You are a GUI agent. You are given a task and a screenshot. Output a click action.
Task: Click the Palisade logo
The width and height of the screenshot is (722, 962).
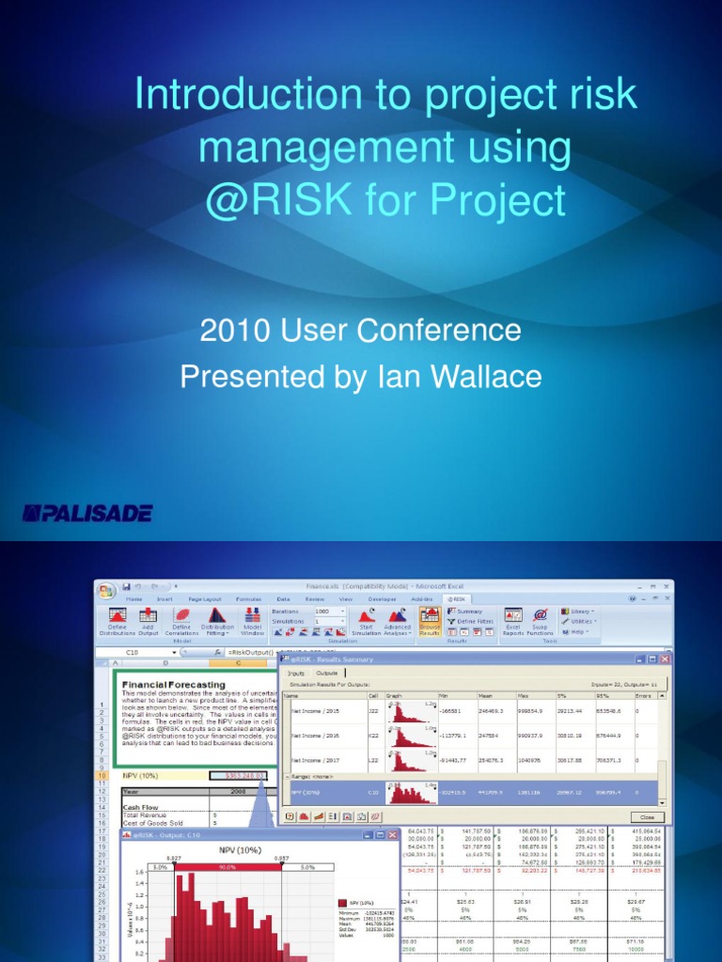(x=87, y=513)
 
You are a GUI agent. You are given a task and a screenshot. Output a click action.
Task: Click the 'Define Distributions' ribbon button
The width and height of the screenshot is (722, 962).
(x=118, y=621)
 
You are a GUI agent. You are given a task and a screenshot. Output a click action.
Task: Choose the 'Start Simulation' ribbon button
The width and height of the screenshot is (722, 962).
(x=366, y=621)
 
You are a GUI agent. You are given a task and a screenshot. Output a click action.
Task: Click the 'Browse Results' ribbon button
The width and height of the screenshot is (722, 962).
(x=430, y=621)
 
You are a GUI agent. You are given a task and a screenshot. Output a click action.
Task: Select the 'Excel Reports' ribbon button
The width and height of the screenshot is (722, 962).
(x=512, y=621)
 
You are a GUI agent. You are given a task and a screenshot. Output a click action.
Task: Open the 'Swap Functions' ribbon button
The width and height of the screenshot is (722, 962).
(x=541, y=621)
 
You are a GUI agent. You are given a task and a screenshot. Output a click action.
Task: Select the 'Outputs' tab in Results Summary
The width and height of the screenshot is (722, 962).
(x=328, y=673)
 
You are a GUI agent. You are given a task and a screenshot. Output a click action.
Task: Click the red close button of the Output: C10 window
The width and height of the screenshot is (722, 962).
(x=392, y=834)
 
